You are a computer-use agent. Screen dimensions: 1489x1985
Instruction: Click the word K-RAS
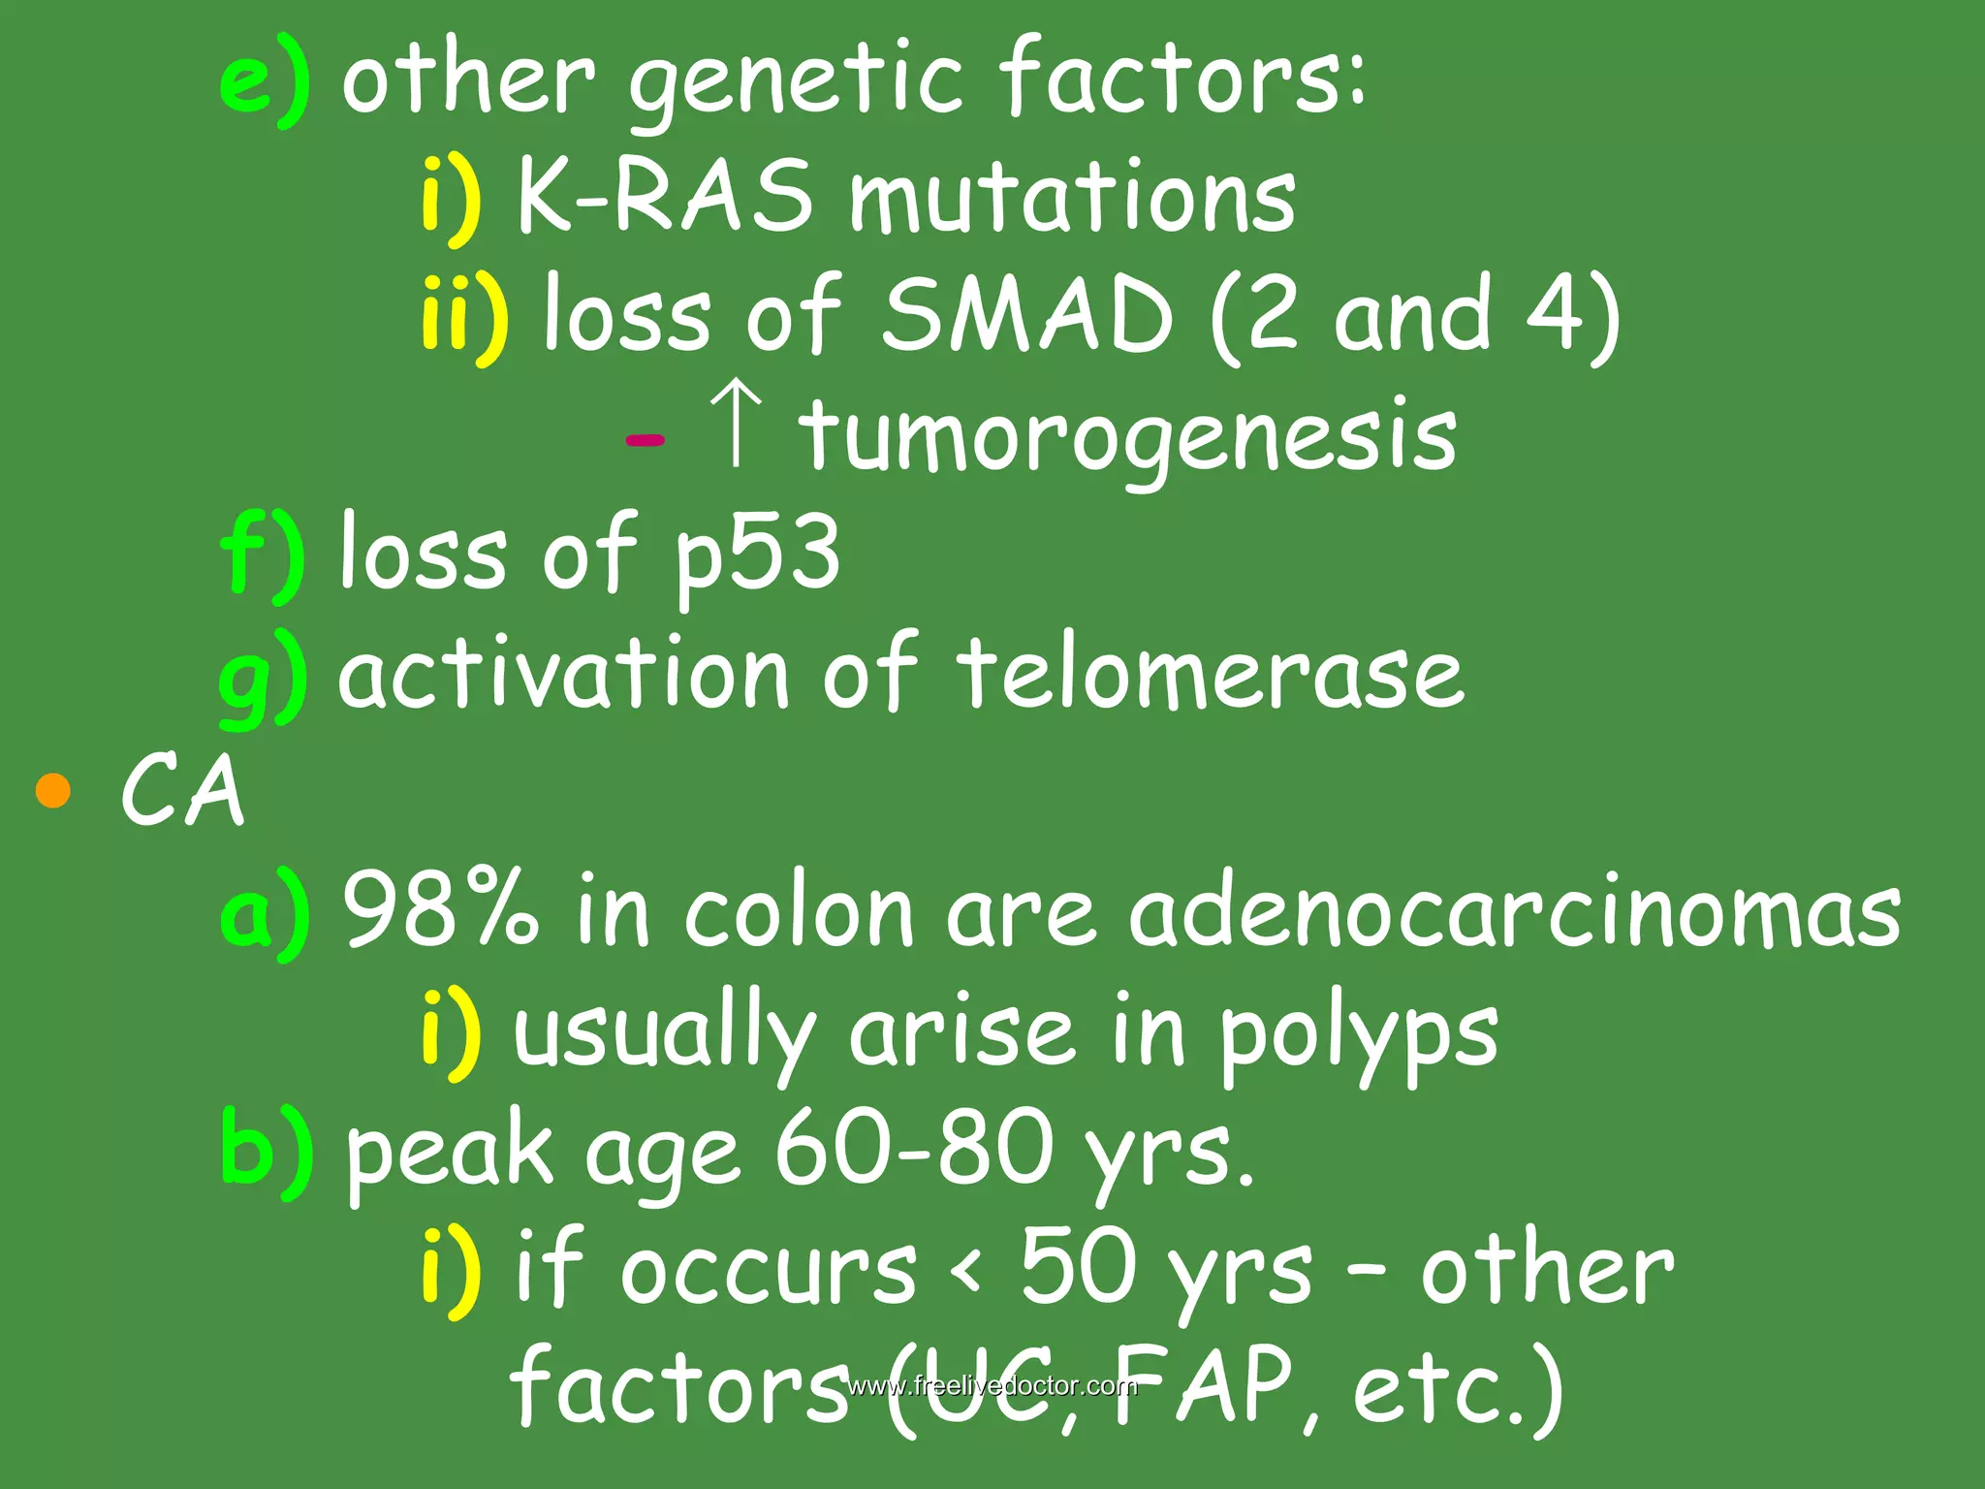click(664, 197)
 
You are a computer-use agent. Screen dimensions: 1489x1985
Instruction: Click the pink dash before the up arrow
click(645, 440)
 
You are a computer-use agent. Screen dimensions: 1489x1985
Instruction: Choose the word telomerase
click(1210, 672)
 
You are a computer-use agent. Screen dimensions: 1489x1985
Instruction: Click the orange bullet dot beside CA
click(52, 790)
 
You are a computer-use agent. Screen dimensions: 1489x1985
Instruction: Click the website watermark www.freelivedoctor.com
click(992, 1385)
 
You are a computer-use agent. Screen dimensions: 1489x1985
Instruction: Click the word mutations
click(1071, 197)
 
